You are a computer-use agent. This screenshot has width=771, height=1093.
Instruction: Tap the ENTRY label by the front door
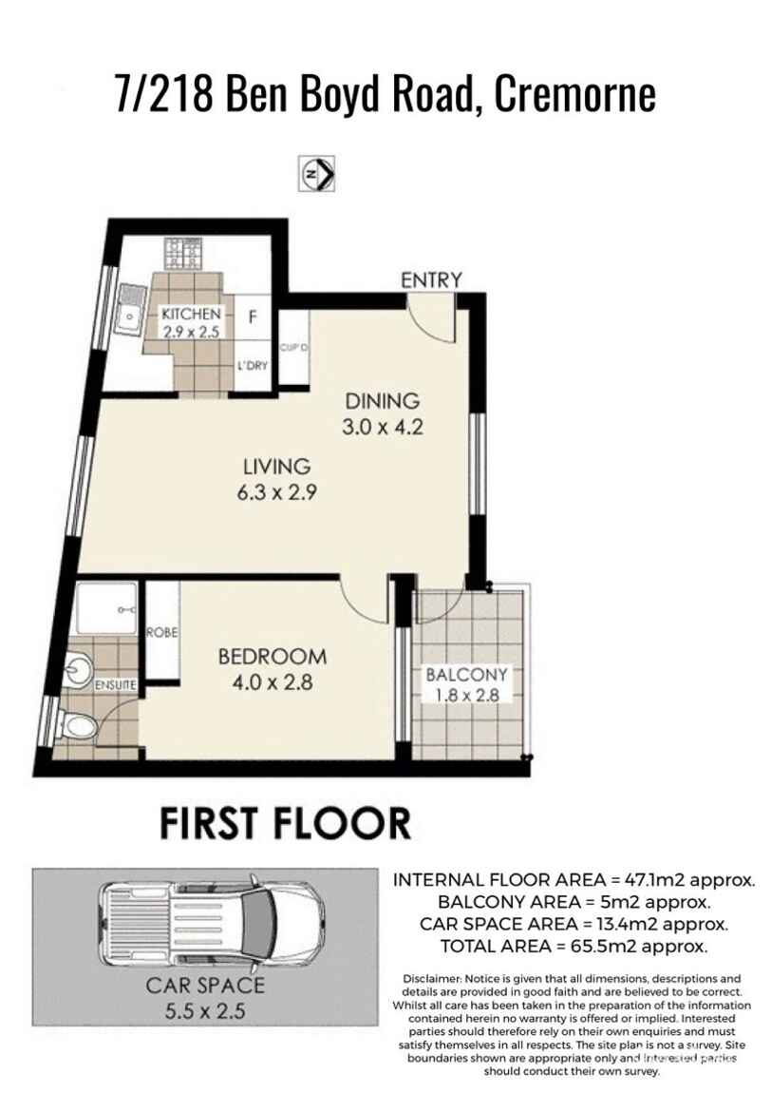430,279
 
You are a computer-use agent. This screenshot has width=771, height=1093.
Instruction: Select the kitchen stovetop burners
182,254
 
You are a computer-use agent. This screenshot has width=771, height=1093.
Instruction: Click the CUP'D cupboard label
293,348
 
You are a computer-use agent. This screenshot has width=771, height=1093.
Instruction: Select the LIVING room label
276,467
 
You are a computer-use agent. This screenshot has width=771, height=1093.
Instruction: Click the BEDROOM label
272,656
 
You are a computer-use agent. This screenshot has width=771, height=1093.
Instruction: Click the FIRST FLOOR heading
284,823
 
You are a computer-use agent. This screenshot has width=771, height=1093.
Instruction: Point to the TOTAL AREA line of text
574,946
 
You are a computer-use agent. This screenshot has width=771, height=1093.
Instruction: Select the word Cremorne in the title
575,95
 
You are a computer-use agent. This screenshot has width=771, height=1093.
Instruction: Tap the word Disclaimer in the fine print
431,978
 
